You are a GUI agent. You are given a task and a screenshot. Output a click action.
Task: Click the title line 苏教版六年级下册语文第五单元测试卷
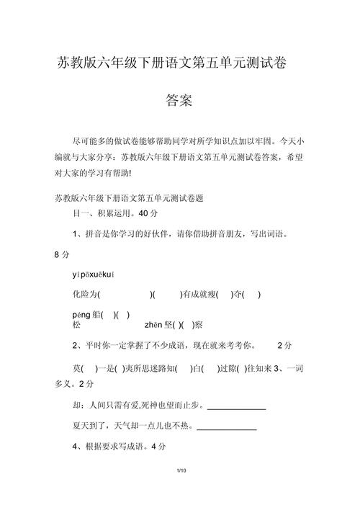tap(172, 63)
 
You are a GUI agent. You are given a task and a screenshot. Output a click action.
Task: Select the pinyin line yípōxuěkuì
tap(94, 274)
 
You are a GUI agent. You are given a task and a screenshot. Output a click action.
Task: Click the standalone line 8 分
tap(62, 255)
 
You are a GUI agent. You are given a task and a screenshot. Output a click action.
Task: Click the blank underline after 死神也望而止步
tap(236, 409)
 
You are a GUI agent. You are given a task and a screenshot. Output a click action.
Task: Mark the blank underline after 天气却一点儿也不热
tap(226, 429)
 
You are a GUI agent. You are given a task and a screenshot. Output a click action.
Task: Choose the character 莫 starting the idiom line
tap(78, 367)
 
